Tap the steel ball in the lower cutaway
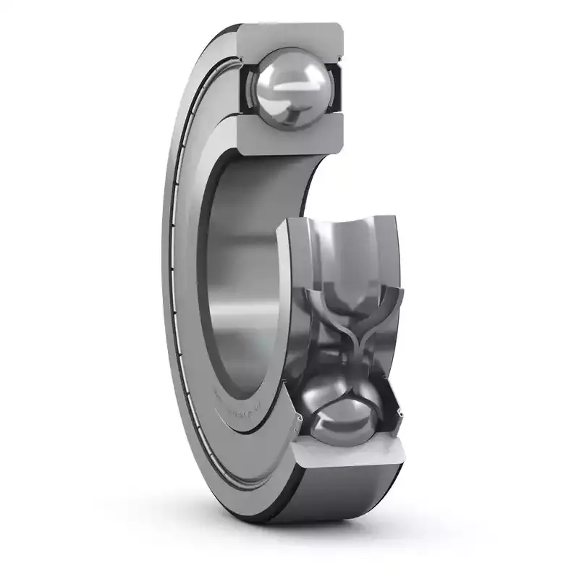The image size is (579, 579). click(340, 413)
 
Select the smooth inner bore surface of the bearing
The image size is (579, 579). click(239, 275)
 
